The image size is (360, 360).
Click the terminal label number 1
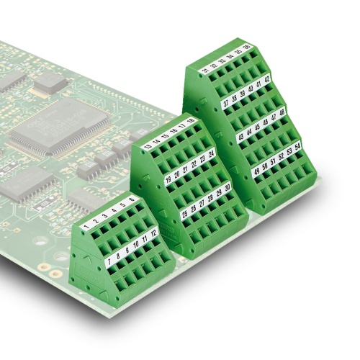pyautogui.click(x=86, y=228)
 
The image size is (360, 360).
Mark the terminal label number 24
pyautogui.click(x=212, y=153)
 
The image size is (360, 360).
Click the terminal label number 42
pyautogui.click(x=267, y=79)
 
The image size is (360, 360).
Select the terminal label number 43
pyautogui.click(x=240, y=137)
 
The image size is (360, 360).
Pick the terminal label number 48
pyautogui.click(x=282, y=113)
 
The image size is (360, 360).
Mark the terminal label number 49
pyautogui.click(x=257, y=171)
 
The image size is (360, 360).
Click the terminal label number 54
pyautogui.click(x=298, y=147)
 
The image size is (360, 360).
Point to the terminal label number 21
pyautogui.click(x=186, y=169)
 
